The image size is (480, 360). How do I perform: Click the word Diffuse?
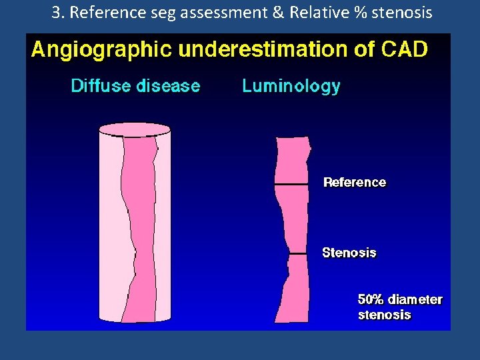[99, 86]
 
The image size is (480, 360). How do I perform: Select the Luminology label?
[291, 86]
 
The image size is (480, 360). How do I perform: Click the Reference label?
[355, 182]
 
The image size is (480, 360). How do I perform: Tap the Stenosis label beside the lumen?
[349, 253]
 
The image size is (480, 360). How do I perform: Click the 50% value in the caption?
[371, 299]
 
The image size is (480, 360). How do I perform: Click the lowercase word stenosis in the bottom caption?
[385, 315]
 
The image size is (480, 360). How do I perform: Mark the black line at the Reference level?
[291, 183]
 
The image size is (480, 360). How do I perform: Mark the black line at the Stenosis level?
[297, 253]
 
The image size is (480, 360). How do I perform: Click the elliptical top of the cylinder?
[135, 129]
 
